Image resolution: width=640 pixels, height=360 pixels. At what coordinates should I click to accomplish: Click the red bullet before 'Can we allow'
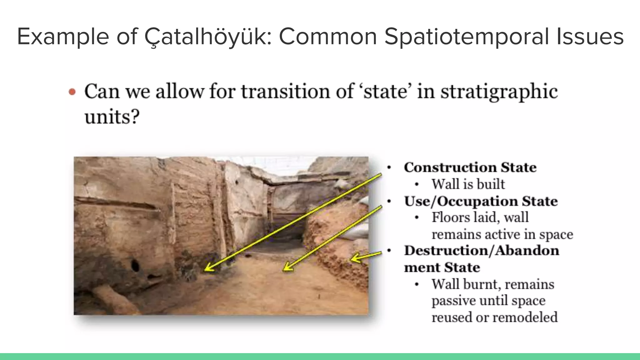coord(72,92)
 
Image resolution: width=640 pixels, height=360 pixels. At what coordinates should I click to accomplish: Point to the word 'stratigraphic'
coord(499,92)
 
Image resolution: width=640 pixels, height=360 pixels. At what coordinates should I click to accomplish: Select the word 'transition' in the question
coord(286,92)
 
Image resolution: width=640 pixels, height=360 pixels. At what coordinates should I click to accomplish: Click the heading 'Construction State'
coord(470,167)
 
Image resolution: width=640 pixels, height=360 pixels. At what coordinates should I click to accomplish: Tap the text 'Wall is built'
coord(468,184)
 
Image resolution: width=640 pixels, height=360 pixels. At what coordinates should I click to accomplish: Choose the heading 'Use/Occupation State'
coord(481,201)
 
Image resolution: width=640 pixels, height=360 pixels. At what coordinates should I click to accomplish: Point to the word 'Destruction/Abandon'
coord(481,251)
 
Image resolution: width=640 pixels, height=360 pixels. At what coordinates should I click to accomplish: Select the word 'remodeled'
coord(526,317)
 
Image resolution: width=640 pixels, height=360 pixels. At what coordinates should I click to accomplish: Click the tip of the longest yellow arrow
coord(205,270)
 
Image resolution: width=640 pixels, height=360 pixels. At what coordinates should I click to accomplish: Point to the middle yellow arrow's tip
coord(283,270)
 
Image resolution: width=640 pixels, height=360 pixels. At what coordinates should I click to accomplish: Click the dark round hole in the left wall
coord(135,266)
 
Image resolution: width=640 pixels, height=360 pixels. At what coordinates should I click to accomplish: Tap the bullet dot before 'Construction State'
coord(389,168)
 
